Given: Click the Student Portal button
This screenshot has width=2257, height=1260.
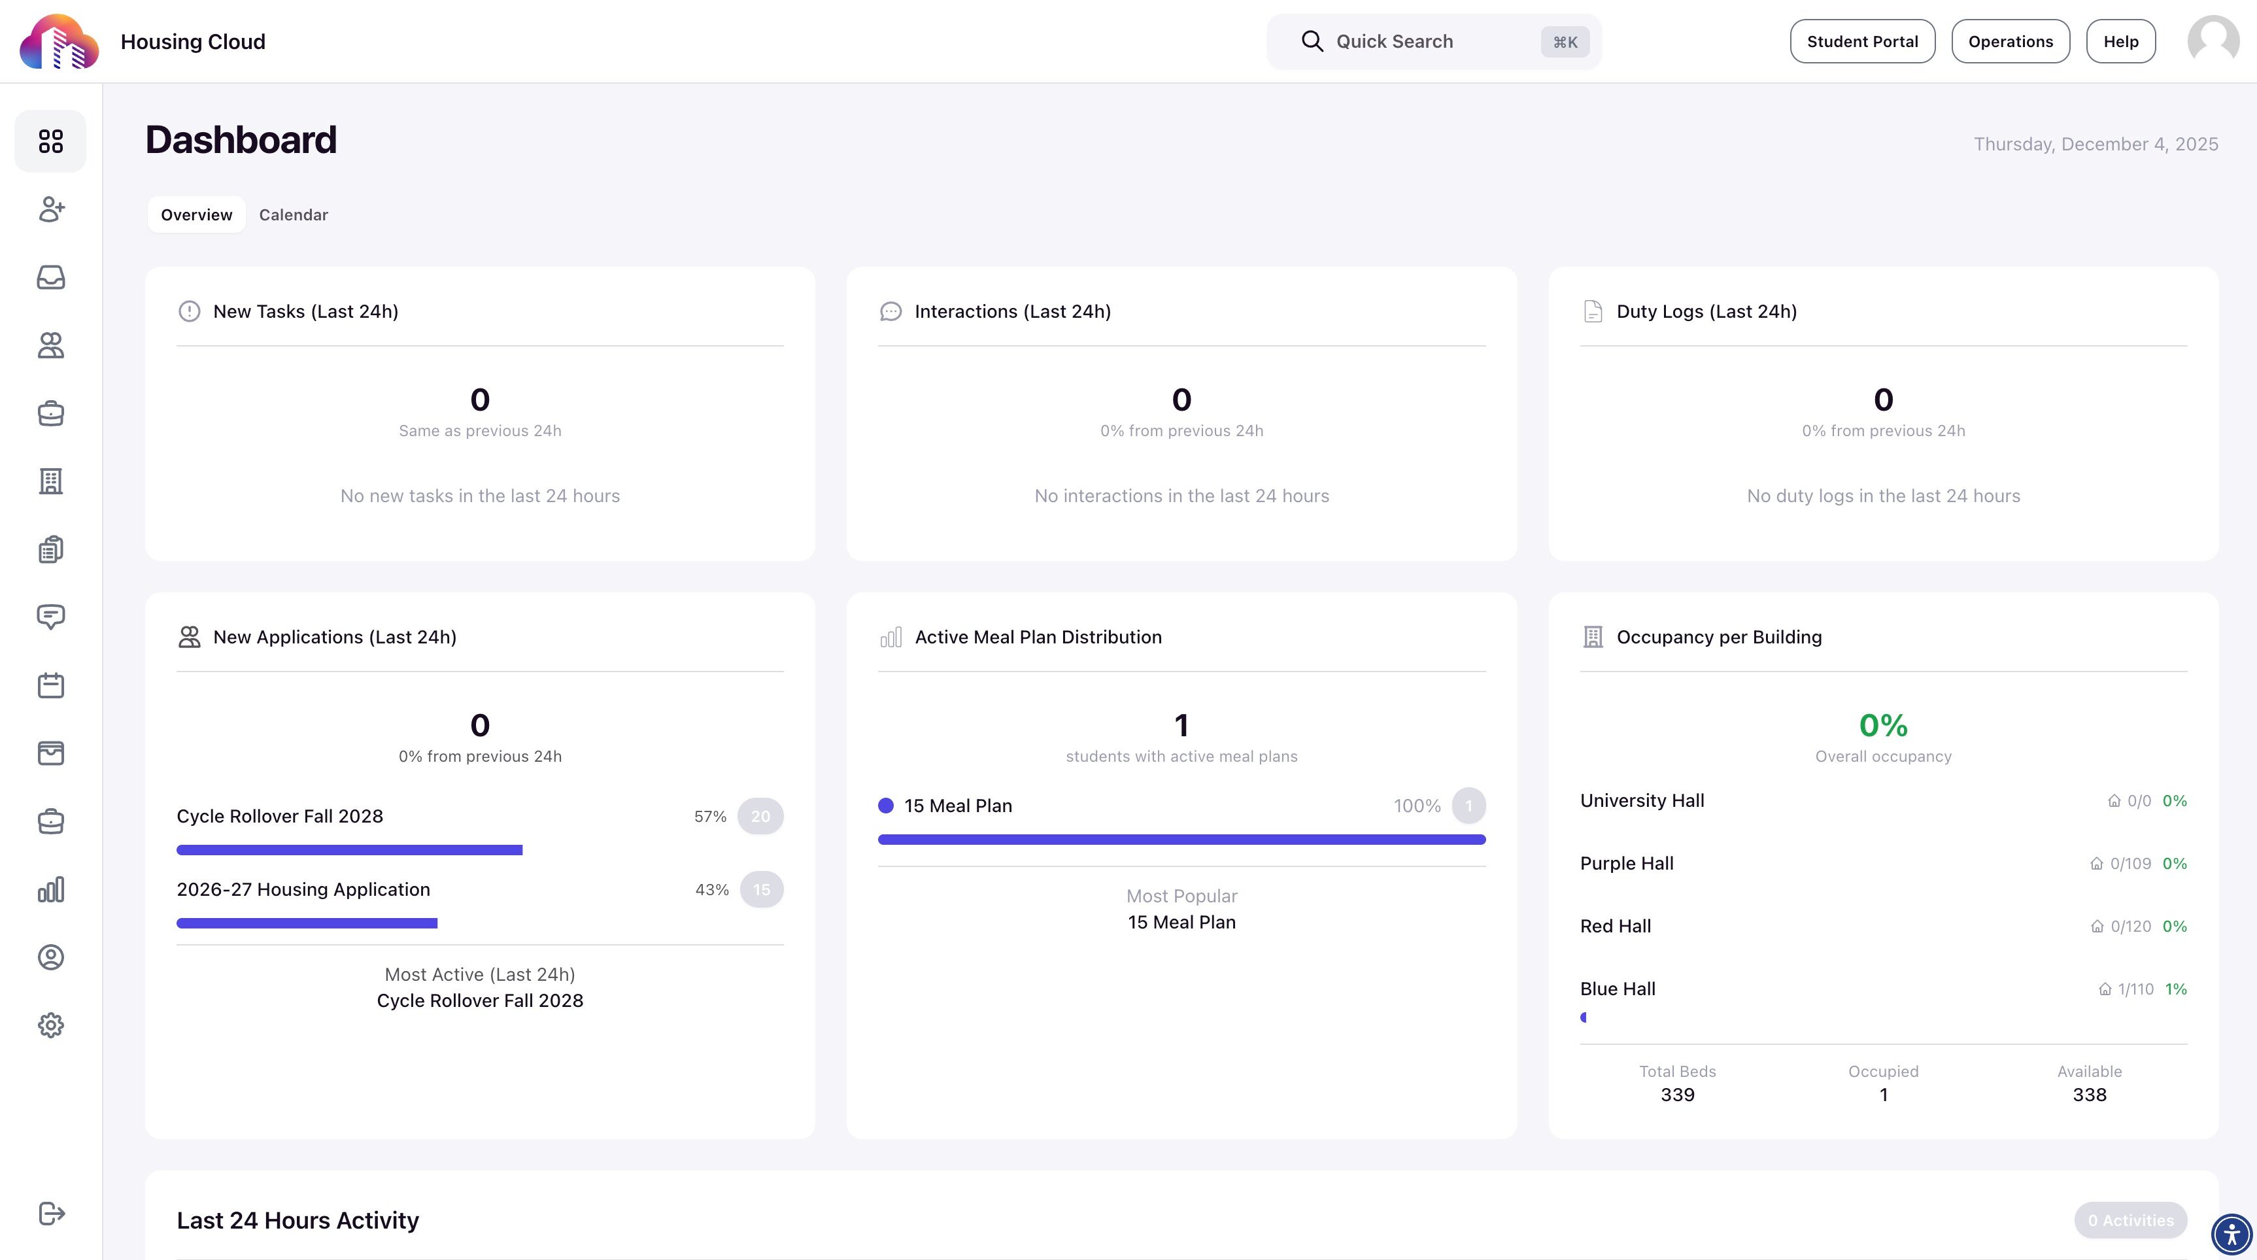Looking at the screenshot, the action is point(1862,41).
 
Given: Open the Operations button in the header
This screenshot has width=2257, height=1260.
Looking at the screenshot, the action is point(2010,41).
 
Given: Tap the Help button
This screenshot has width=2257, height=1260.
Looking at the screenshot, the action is point(2120,41).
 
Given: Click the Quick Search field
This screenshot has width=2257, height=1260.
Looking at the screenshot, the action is point(1433,41).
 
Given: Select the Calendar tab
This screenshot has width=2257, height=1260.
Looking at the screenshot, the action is point(294,214).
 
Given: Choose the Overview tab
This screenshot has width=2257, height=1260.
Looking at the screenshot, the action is point(196,214).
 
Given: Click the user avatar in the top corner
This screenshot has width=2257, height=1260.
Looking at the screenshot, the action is point(2213,41).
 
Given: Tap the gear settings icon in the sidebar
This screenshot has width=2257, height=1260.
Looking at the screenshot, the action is point(51,1025).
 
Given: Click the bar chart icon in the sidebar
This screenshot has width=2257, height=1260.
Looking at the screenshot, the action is point(51,889).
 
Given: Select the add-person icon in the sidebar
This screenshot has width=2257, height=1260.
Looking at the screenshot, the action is point(51,209).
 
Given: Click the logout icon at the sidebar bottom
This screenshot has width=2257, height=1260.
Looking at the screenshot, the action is point(52,1214).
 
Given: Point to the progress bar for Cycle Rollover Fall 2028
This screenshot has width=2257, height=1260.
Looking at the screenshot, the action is point(350,850).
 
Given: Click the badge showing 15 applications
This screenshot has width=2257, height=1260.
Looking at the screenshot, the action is point(762,889).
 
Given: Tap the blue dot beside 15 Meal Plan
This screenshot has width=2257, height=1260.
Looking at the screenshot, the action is point(886,806).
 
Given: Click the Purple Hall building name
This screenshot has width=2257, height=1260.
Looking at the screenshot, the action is point(1626,863).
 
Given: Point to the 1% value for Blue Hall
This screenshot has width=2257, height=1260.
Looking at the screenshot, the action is point(2175,989).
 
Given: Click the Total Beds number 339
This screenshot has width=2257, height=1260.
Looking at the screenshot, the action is point(1677,1095).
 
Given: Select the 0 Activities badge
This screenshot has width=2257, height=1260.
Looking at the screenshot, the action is point(2130,1221).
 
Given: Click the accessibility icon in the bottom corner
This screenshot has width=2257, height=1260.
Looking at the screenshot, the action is point(2231,1234).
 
